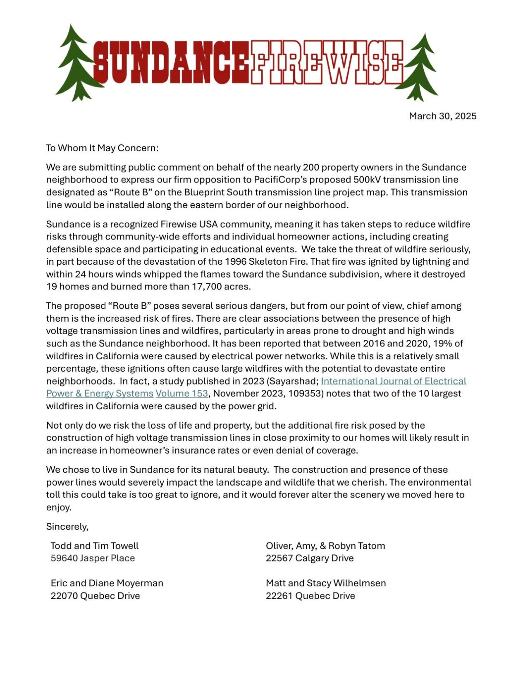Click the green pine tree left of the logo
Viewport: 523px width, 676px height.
coord(76,64)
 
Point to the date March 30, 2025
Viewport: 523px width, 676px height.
coord(442,116)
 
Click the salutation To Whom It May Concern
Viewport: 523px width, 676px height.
coord(102,148)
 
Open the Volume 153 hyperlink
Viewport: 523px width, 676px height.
coord(181,393)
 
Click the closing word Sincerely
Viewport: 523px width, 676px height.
coord(67,527)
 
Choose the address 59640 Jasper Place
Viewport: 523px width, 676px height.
coord(93,558)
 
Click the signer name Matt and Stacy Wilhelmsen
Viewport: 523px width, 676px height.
coord(326,583)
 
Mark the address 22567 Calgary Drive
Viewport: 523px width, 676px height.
coord(310,558)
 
